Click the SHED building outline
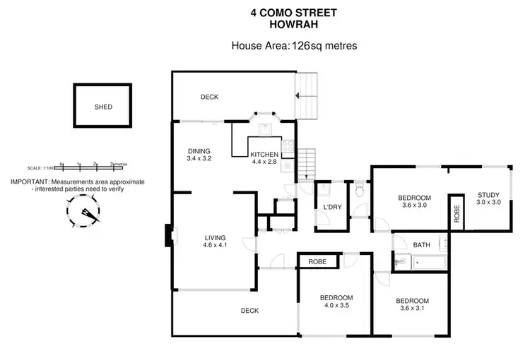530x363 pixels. click(x=102, y=107)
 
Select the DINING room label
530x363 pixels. click(x=200, y=150)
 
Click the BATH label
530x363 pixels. click(x=422, y=245)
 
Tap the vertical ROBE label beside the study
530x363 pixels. click(x=457, y=213)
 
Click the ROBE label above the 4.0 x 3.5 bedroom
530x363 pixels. click(x=316, y=261)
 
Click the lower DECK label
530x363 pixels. click(x=249, y=310)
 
